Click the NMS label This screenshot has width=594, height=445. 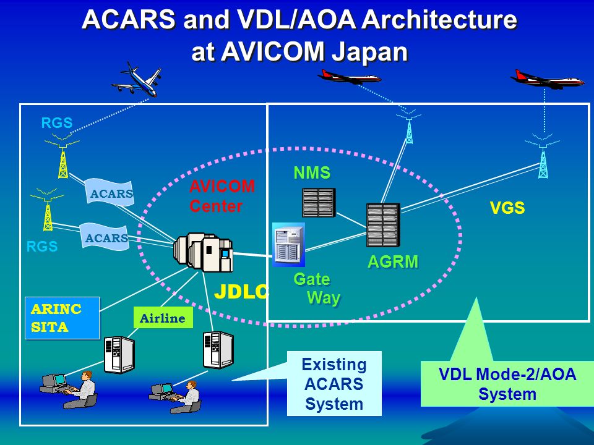(x=312, y=173)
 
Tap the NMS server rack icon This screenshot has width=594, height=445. (x=319, y=202)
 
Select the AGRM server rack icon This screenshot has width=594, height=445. (x=383, y=225)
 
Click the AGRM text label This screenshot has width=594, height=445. (x=393, y=262)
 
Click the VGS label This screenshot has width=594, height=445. (x=507, y=209)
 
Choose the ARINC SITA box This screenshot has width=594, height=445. (x=62, y=318)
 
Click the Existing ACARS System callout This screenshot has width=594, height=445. (x=334, y=384)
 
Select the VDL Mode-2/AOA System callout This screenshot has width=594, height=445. (x=507, y=384)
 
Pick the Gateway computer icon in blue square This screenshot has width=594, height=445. (x=289, y=245)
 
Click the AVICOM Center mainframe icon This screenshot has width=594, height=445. (x=204, y=253)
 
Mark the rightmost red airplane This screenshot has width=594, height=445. (x=547, y=79)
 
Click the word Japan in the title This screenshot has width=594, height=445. (x=370, y=51)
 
